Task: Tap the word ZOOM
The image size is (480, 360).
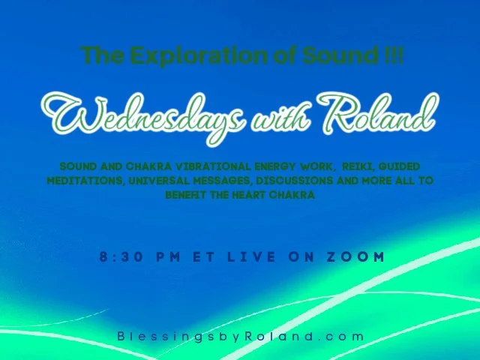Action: tap(356, 256)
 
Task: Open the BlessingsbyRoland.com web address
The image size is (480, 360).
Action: tap(240, 337)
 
